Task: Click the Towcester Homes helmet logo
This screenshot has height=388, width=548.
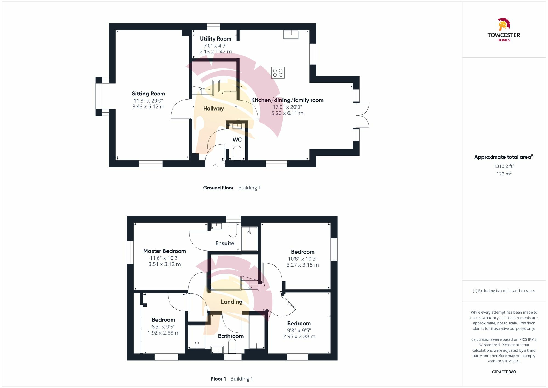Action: coord(504,24)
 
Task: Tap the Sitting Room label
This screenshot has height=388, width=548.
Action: coord(148,94)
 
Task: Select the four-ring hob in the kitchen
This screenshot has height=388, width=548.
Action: coord(278,73)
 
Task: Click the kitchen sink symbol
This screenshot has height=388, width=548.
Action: coord(291,35)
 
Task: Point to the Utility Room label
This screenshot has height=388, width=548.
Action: coord(215,39)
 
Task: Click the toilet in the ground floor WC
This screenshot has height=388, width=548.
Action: coord(237,152)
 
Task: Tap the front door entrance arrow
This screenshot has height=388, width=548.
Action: coord(215,166)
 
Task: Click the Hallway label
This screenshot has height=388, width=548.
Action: coord(213,109)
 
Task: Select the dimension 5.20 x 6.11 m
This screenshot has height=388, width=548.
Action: coord(287,113)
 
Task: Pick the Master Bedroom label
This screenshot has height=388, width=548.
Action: coord(164,251)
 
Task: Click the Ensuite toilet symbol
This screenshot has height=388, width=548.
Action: coord(233,230)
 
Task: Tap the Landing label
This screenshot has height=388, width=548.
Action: coord(232,302)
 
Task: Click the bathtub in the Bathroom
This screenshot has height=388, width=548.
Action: coord(257,332)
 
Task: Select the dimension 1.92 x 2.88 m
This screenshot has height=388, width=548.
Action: coord(163,333)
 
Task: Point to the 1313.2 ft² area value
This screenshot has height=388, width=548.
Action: coord(504,166)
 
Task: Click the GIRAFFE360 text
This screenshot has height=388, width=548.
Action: coord(504,372)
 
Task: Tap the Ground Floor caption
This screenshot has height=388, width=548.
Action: coord(218,188)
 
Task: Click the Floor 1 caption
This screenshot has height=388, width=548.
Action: coord(218,379)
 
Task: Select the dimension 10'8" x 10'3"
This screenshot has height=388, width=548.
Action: coord(302,259)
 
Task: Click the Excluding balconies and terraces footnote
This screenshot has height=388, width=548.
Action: coord(504,291)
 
